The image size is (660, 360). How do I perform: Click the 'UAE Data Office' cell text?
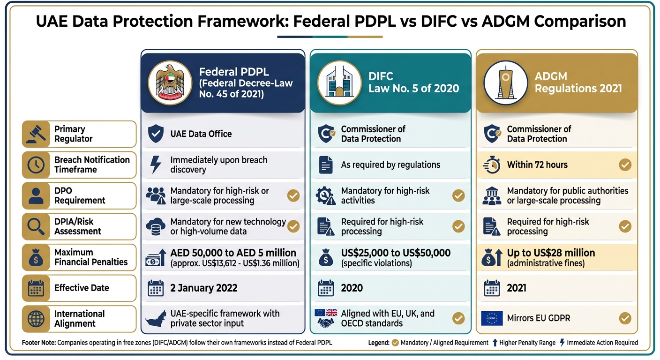tap(201, 134)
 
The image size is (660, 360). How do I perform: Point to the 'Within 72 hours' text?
tap(537, 165)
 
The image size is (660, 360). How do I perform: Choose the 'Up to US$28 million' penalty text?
tap(551, 253)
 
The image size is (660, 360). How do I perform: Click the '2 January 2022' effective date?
tap(203, 288)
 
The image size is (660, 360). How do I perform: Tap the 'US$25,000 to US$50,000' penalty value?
tap(396, 253)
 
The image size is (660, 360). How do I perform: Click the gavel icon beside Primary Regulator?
tap(36, 134)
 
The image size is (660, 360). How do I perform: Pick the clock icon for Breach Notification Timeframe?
tap(36, 165)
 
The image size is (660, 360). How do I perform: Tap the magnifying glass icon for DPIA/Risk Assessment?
tap(36, 226)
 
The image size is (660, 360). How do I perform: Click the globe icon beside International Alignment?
tap(36, 319)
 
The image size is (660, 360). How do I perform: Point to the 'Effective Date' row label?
tap(82, 288)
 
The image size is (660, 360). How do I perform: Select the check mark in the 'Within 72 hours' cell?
tap(625, 165)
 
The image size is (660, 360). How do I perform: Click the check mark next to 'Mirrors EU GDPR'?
tap(625, 319)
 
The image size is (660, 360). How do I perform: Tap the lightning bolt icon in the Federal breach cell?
tap(155, 165)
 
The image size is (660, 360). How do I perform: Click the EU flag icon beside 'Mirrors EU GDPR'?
tap(492, 319)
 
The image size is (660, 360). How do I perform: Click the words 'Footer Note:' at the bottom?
tap(38, 343)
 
